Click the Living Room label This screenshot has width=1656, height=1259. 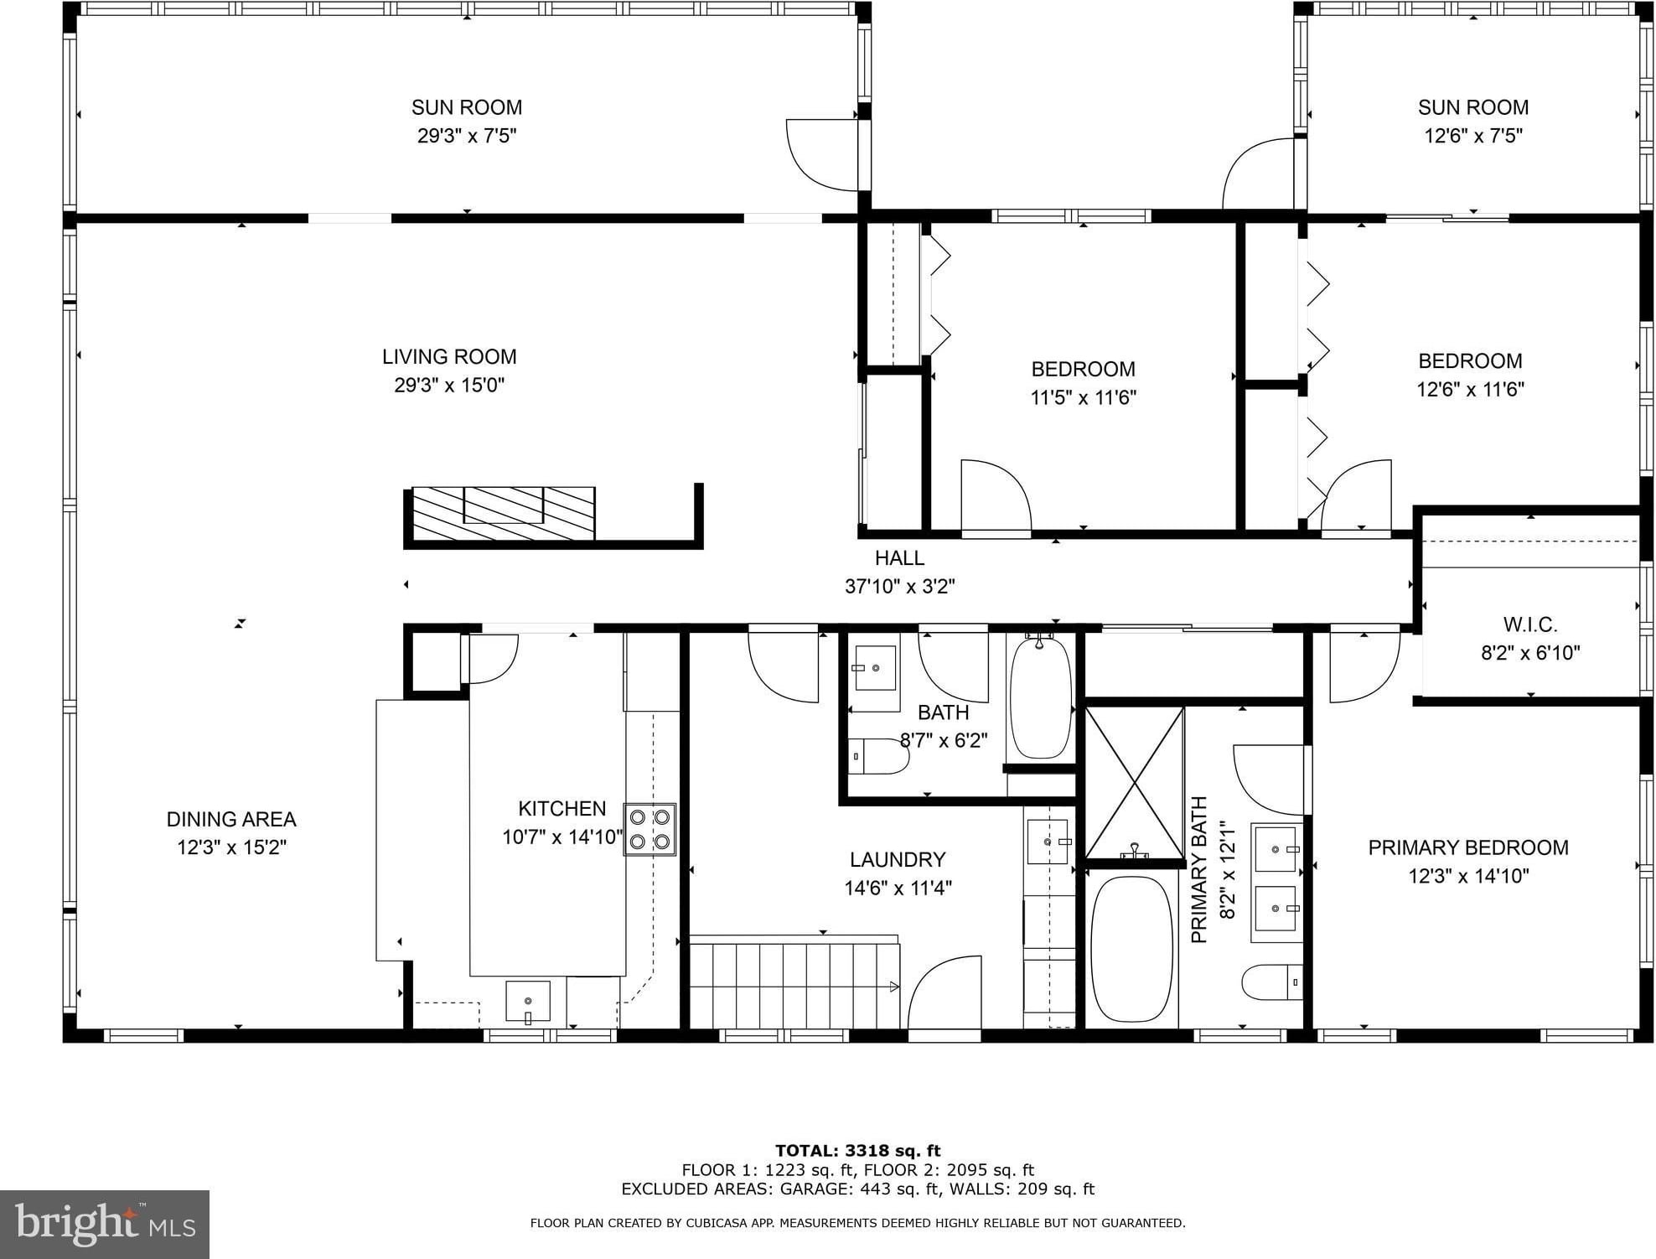coord(449,357)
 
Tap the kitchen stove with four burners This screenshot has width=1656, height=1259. coord(649,829)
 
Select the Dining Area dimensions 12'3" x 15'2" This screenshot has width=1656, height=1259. coord(231,847)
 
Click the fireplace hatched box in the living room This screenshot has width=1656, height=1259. coord(504,514)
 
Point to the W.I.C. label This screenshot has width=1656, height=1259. coord(1530,624)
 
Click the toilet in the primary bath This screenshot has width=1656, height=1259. coord(1272,982)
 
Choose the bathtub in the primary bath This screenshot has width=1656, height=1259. coord(1132,949)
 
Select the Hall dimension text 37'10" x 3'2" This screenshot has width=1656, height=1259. coord(899,587)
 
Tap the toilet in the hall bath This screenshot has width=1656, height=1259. coord(878,757)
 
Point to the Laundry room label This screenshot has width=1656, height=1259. coord(898,860)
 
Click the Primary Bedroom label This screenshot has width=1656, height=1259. coord(1468,848)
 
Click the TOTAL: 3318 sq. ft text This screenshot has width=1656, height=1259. coord(857,1151)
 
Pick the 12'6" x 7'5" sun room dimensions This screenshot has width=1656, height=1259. coord(1473,136)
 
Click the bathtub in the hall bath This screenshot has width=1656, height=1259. coord(1040,697)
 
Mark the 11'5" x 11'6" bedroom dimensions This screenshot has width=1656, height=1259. coord(1083,397)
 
